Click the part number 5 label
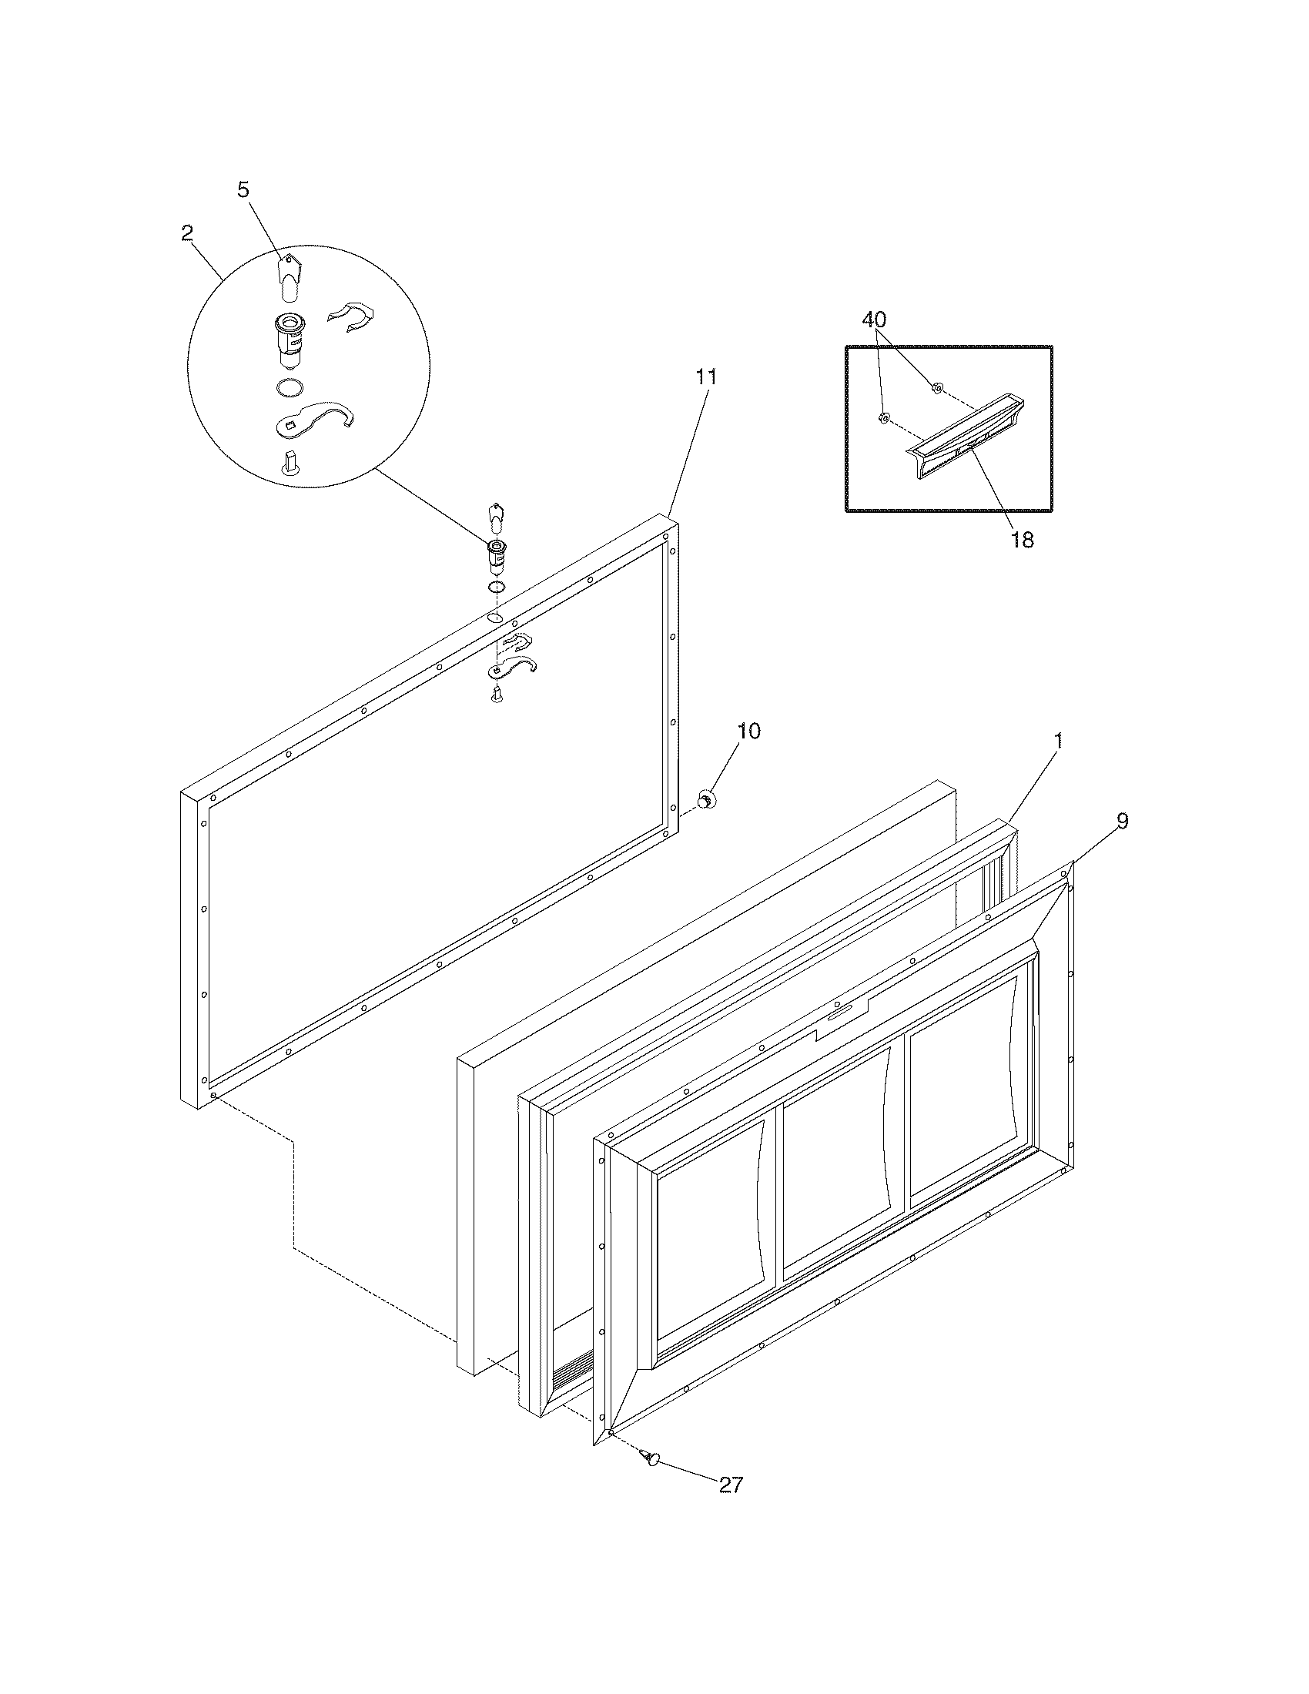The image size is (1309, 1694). click(243, 190)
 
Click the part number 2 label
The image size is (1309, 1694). click(187, 233)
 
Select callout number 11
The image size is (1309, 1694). click(705, 377)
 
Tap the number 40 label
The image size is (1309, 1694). click(874, 320)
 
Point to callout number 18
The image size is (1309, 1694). click(1023, 541)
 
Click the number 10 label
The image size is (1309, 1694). click(748, 731)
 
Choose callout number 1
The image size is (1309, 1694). click(1058, 742)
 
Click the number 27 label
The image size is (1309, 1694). click(731, 1485)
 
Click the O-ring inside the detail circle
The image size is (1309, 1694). click(290, 388)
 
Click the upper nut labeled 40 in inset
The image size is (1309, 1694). click(937, 387)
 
